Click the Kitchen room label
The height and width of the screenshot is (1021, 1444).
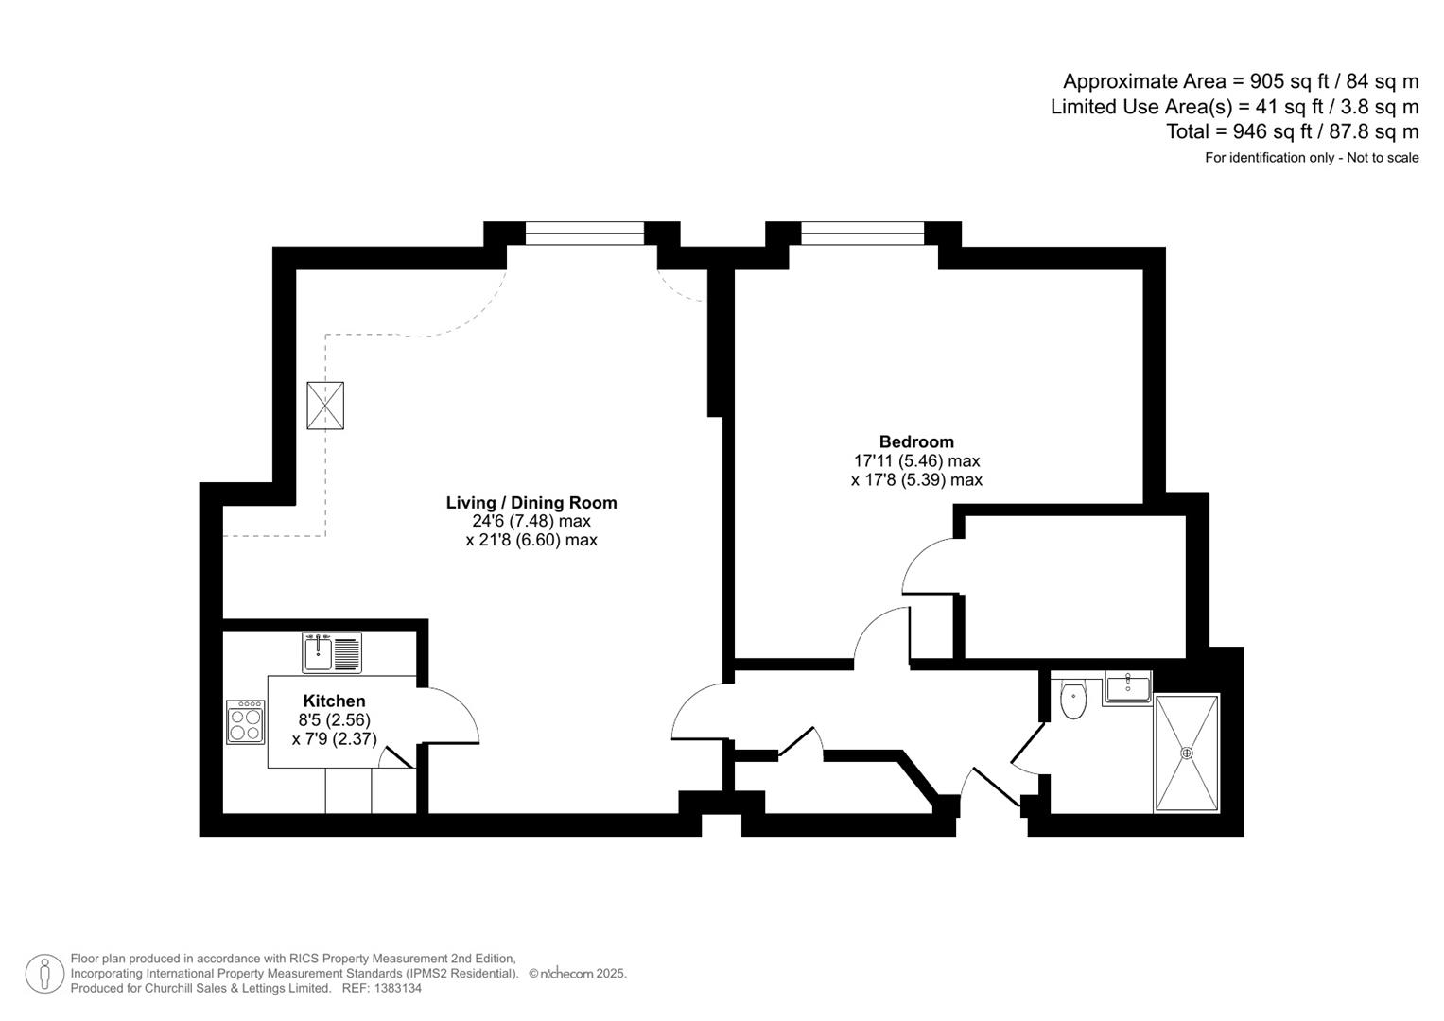click(334, 701)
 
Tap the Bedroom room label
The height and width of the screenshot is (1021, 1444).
click(916, 441)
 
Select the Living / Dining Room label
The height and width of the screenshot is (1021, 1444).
click(531, 503)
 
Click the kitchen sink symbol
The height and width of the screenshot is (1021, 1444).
click(332, 652)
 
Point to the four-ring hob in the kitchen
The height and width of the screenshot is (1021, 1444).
click(246, 722)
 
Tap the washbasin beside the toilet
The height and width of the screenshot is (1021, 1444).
click(1126, 686)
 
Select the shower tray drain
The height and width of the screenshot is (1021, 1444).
click(1187, 753)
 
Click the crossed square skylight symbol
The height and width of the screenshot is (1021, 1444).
click(325, 407)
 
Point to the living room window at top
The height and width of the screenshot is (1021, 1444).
click(584, 234)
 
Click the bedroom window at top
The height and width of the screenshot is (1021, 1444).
click(862, 234)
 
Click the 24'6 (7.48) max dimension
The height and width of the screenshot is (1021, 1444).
click(531, 521)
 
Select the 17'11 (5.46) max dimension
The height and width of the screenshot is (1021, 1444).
click(916, 461)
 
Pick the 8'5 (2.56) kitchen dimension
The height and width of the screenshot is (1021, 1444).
click(334, 719)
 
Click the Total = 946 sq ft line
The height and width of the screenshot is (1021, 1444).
click(1292, 131)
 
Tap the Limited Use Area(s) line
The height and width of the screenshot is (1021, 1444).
click(1234, 107)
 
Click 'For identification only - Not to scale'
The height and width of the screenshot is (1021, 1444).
click(1311, 158)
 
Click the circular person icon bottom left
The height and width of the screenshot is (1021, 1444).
click(44, 974)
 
